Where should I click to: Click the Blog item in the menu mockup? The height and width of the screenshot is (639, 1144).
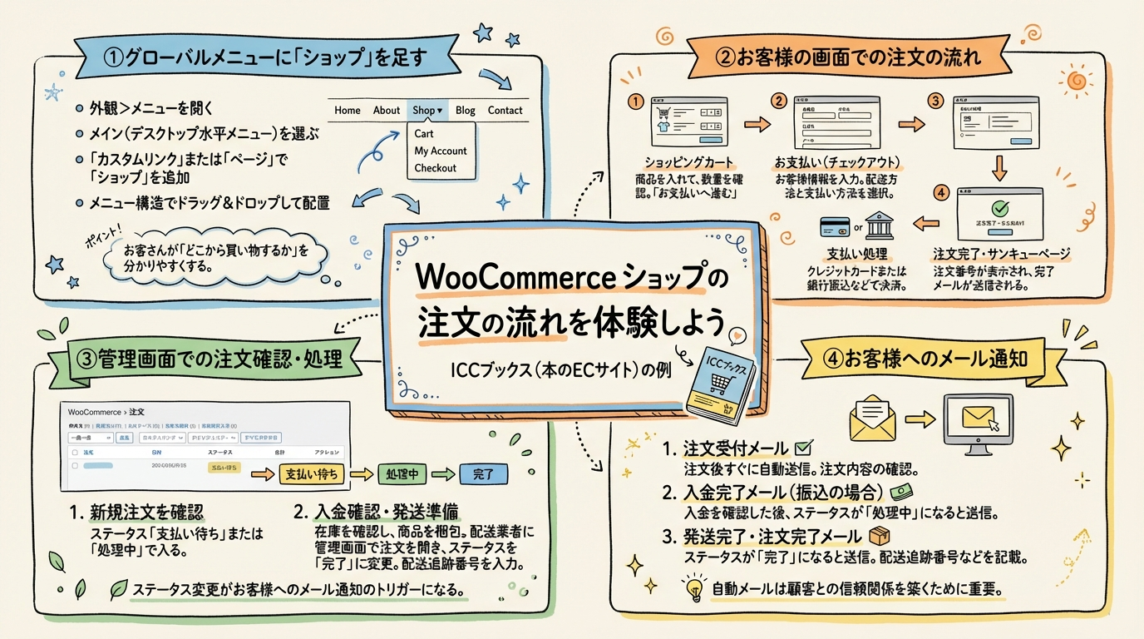coord(466,110)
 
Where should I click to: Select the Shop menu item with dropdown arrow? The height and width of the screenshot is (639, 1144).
coord(428,110)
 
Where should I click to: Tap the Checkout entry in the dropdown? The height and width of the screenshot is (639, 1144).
coord(436,168)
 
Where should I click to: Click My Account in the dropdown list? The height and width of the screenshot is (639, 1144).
coord(441,151)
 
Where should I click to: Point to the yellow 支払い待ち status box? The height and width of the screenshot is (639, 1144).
coord(312,474)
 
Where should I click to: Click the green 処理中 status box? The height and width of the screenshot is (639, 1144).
coord(402,474)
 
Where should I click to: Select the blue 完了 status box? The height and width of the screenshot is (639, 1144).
coord(483,474)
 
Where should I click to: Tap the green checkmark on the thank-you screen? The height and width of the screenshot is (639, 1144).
coord(1000,208)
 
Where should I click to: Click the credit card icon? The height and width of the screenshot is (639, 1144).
coord(834,225)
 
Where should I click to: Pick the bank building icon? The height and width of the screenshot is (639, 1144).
coord(879,225)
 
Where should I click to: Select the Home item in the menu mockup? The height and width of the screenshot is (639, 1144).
coord(348,110)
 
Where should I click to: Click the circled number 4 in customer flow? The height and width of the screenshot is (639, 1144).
coord(941,192)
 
